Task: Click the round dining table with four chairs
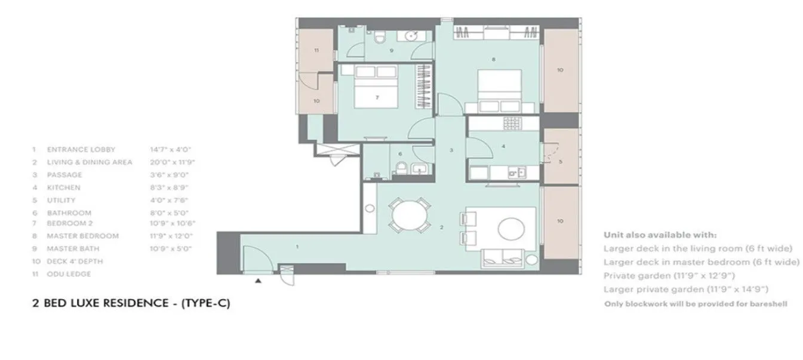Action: point(409,213)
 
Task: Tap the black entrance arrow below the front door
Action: point(258,279)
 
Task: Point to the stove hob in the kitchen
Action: point(512,124)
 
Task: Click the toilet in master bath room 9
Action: point(379,38)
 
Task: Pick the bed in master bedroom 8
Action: point(500,91)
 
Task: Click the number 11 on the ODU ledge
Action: point(316,51)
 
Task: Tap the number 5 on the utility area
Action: point(560,161)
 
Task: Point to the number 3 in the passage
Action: point(452,150)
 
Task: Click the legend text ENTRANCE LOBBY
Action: point(81,150)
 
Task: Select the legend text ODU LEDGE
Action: point(69,274)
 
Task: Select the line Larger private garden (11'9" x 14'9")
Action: point(685,290)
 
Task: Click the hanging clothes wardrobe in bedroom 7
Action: point(424,87)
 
